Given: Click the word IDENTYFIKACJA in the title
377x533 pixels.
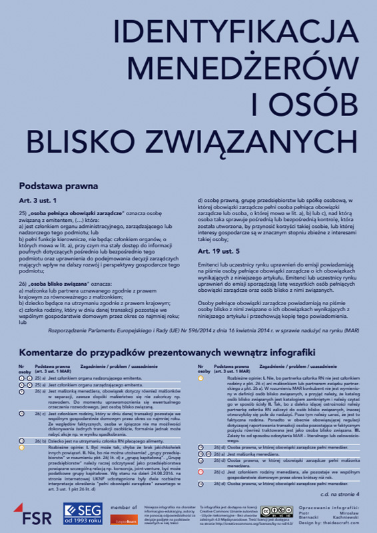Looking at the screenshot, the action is pyautogui.click(x=236, y=34).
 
